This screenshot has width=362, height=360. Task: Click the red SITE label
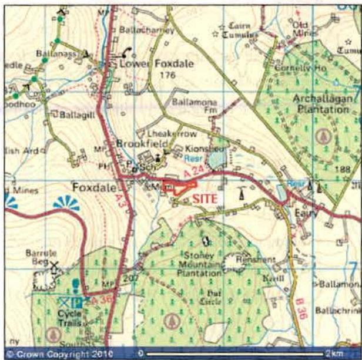tap(205, 198)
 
